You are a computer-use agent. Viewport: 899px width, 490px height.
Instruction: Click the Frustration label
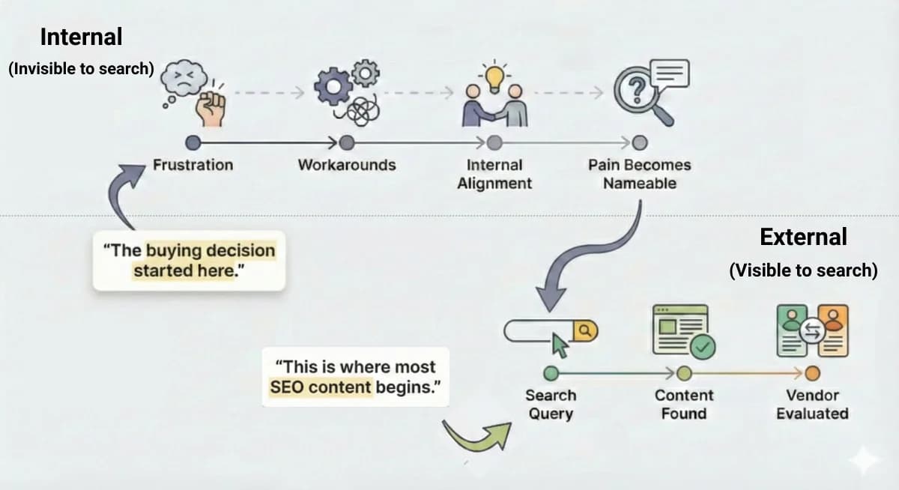tap(193, 165)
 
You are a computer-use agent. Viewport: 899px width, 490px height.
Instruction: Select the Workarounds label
tap(346, 165)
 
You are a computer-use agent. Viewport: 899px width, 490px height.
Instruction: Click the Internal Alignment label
tap(494, 174)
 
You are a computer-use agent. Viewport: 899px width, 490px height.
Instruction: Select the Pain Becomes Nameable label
tap(639, 174)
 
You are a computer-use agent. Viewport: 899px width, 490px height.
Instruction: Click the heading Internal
tap(81, 36)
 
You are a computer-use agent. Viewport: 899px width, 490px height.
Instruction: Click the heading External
tap(803, 237)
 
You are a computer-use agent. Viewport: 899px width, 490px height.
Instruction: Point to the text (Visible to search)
tap(803, 270)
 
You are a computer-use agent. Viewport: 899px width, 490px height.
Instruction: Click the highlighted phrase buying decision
tap(211, 250)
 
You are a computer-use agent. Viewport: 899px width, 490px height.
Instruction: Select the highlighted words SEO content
tap(321, 387)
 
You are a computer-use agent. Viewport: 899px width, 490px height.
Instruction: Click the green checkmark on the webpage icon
tap(703, 345)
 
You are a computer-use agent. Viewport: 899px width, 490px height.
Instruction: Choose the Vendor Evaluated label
tap(812, 404)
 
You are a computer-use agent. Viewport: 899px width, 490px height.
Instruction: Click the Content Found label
tap(683, 404)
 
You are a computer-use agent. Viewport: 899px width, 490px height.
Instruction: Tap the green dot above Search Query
tap(551, 372)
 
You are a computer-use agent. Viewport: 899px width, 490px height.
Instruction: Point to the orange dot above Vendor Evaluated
tap(812, 372)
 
